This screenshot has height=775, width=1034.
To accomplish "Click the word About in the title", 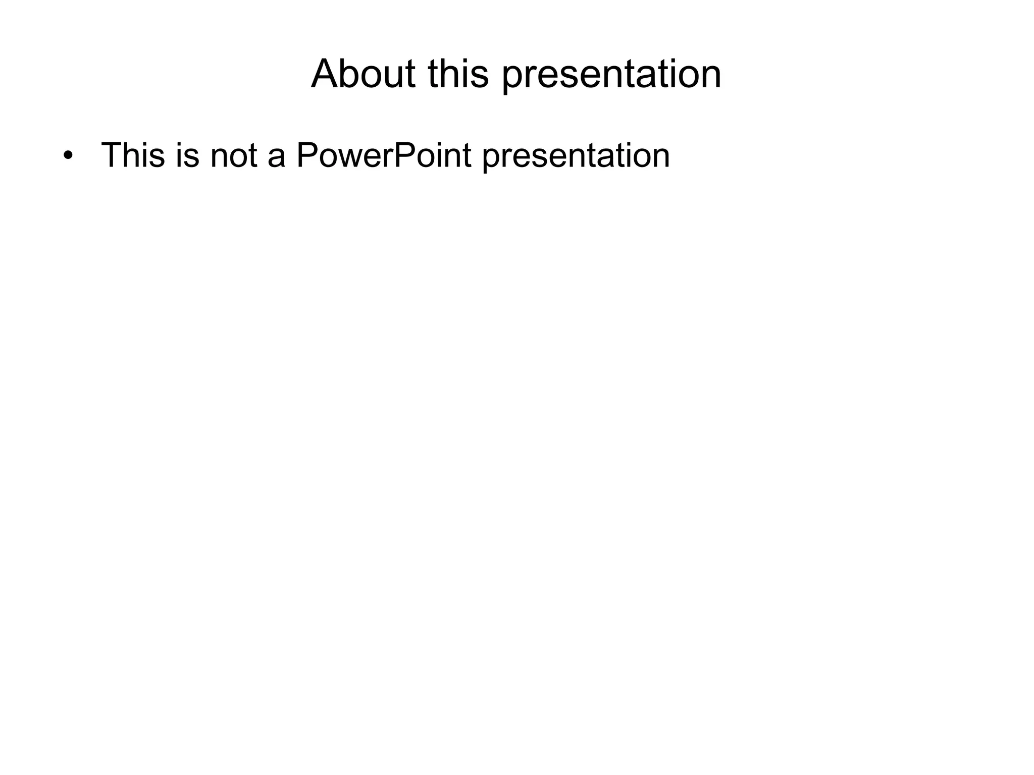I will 363,74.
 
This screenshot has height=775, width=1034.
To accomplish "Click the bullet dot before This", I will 68,155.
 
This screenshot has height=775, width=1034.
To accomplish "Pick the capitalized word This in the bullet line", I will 133,155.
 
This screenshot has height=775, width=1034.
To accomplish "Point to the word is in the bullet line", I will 188,155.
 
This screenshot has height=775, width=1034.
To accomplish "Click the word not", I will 234,155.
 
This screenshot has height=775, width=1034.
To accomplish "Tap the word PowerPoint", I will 384,155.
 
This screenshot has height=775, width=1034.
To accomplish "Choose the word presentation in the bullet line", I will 576,156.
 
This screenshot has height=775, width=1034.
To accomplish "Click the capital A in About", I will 326,74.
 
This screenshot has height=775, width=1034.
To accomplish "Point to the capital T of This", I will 111,155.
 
